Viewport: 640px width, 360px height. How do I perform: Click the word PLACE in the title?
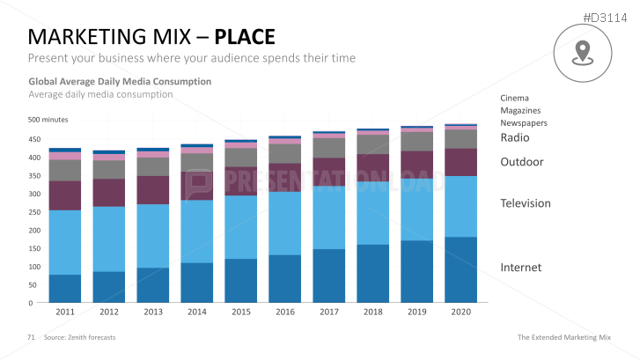245,37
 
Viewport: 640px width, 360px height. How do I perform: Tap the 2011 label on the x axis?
65,312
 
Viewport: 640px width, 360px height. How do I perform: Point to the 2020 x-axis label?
460,312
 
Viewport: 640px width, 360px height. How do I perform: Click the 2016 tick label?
284,312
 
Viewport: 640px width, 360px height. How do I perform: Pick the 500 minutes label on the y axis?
48,120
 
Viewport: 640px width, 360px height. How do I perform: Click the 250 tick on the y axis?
34,212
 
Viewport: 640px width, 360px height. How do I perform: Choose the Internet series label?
521,268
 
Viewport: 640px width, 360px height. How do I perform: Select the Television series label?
525,203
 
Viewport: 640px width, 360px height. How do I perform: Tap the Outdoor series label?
521,162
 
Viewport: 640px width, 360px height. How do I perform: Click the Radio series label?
514,137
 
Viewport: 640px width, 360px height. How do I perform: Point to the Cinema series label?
514,98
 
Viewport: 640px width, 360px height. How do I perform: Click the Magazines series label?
519,110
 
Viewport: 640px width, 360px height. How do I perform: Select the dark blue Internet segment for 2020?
460,269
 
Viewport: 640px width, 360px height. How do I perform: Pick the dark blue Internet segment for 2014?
196,282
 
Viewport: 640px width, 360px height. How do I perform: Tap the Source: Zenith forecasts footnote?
79,338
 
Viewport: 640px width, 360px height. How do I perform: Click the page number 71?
31,338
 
